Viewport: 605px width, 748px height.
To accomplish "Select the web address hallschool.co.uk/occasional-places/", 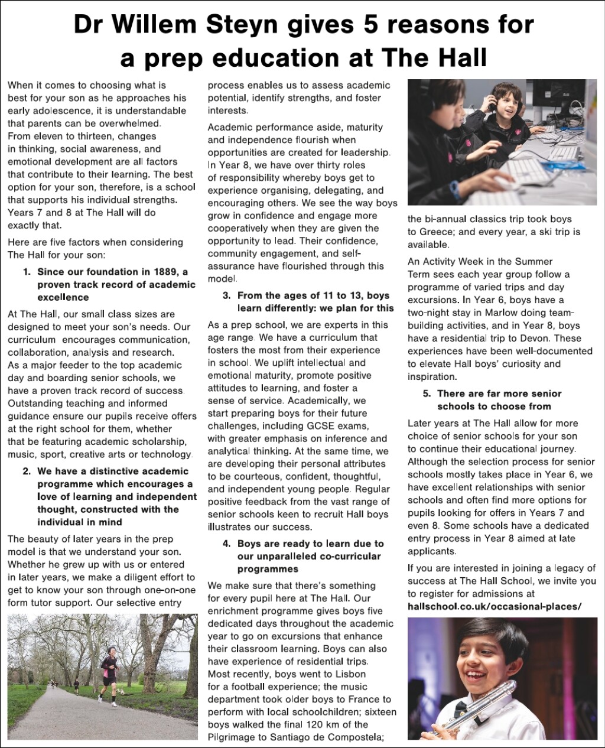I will [495, 607].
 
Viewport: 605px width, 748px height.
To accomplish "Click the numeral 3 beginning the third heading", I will [226, 295].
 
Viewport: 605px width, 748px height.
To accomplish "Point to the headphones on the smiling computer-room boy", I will [490, 100].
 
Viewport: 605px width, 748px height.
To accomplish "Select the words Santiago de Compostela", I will [327, 737].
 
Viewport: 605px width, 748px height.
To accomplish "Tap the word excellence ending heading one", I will [63, 297].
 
